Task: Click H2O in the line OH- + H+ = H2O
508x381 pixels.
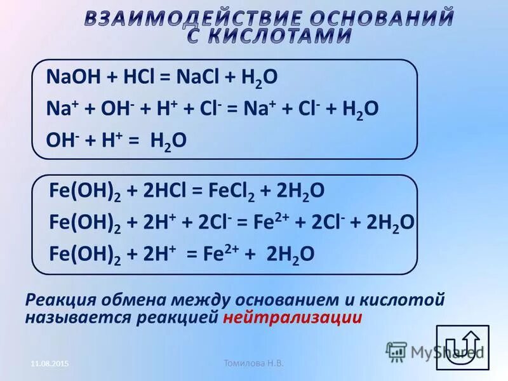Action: [x=168, y=140]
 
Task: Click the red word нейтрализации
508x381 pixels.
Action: [x=293, y=317]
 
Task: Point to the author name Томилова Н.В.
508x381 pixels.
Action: [x=253, y=363]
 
